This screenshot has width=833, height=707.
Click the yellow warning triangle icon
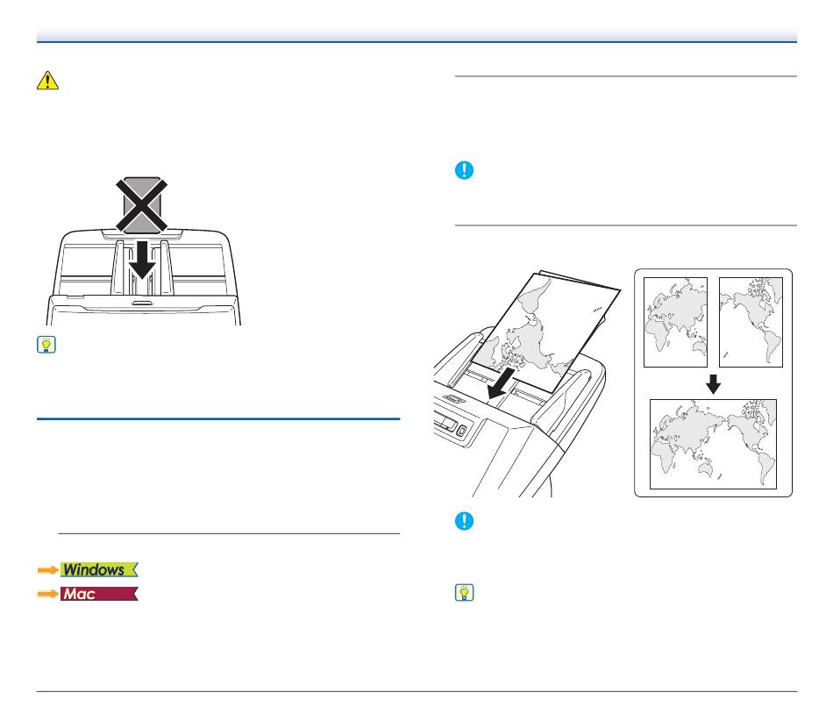[47, 81]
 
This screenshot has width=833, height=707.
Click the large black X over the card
[142, 205]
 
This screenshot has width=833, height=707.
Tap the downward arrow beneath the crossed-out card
[142, 260]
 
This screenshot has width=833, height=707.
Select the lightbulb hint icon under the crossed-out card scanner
[46, 345]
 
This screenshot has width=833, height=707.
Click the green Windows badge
[99, 570]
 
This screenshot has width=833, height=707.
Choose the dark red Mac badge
[99, 594]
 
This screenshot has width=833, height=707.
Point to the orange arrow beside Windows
[48, 570]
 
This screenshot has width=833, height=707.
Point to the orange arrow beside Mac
[48, 594]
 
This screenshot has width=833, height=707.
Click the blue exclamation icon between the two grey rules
[465, 170]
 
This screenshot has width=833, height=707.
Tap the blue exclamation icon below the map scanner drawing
[465, 521]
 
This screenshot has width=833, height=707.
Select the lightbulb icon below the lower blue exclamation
[465, 593]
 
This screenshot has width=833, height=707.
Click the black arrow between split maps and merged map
[713, 384]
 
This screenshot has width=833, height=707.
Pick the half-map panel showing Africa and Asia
[675, 322]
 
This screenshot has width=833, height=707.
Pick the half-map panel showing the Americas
[751, 322]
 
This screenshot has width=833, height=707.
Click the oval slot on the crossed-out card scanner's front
[142, 303]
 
